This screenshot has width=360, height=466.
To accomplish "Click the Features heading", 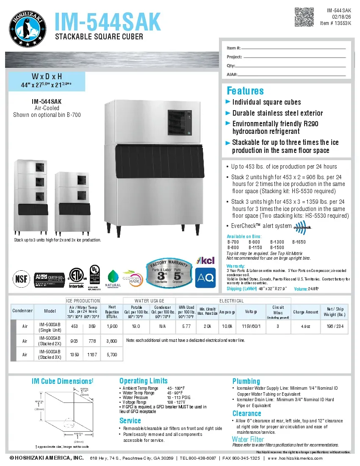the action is (245, 91).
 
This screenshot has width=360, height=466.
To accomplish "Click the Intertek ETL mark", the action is (77, 279).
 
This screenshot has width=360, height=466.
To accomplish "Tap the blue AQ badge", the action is (206, 278).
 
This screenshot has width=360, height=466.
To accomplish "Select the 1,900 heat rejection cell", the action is (112, 327).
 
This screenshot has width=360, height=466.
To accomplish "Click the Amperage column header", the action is (227, 312).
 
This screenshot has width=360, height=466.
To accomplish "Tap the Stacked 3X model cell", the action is (50, 355).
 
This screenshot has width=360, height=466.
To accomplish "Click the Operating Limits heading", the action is (144, 381).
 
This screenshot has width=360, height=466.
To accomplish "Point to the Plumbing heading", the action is (246, 381).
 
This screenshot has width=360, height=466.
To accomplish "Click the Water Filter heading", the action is (248, 439).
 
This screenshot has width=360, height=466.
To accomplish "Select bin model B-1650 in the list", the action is (299, 242).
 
